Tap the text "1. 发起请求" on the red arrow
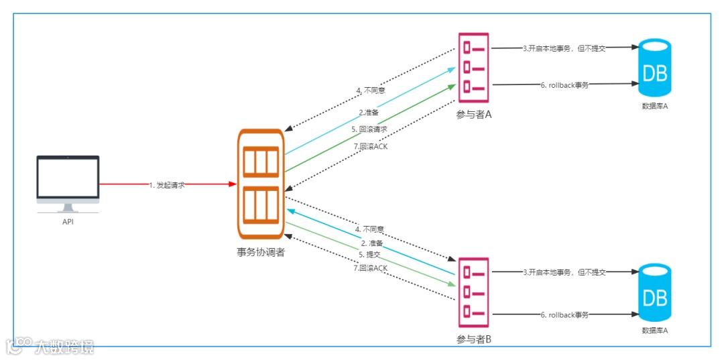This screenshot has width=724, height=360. [167, 184]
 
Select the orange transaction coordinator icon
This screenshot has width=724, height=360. [261, 184]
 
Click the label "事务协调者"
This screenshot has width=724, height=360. [260, 253]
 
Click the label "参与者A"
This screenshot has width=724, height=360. [474, 115]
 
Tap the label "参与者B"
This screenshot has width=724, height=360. [474, 339]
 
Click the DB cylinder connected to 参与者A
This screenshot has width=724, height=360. [655, 67]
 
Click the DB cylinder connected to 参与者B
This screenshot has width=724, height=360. [655, 292]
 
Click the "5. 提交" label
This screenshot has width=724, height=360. [369, 255]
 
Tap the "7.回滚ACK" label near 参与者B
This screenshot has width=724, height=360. [370, 268]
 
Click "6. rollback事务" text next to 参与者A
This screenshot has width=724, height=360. [564, 85]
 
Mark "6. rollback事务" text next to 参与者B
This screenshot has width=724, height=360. [564, 314]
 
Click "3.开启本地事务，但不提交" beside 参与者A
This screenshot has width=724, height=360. [564, 48]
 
